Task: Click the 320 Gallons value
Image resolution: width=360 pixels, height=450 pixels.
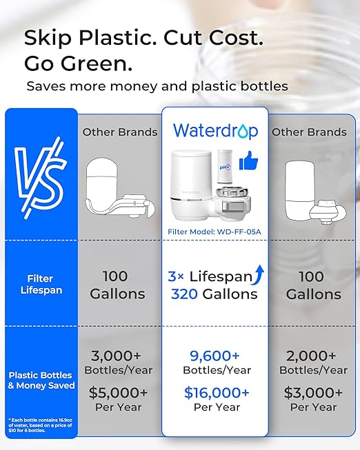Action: point(214,294)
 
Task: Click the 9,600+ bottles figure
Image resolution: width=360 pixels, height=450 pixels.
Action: point(214,356)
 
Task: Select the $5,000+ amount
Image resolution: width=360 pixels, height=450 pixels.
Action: point(119,392)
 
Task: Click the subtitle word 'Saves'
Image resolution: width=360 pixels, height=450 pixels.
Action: point(47,87)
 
